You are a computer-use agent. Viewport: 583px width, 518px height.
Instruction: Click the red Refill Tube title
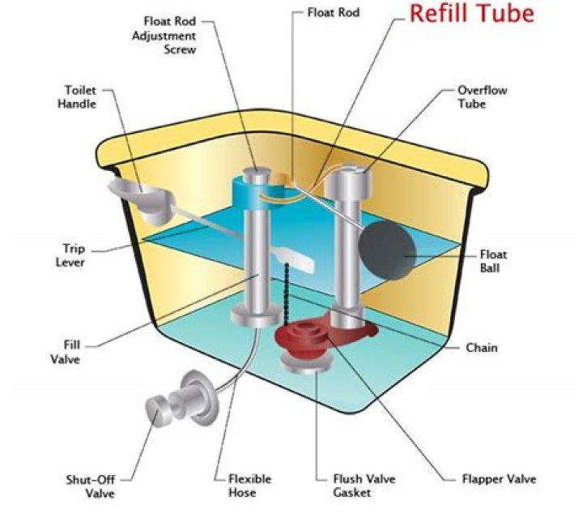pos(470,15)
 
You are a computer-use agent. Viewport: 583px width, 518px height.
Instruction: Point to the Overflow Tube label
pos(482,97)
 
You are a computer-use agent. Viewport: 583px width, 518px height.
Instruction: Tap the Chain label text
pos(481,348)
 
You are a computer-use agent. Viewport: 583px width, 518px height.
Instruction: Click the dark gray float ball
pos(385,253)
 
